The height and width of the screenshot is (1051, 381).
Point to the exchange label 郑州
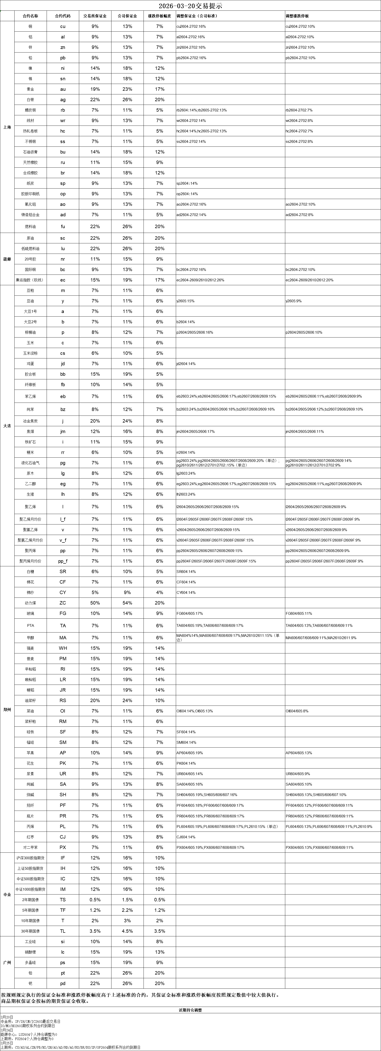coord(7,710)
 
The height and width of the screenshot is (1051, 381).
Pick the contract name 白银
coord(30,100)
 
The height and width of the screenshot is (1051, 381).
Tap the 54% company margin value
coord(127,603)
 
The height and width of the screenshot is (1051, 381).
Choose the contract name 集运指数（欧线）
coord(30,280)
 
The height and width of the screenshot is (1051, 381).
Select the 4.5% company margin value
coord(127,931)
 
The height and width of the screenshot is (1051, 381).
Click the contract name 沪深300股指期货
coord(30,858)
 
